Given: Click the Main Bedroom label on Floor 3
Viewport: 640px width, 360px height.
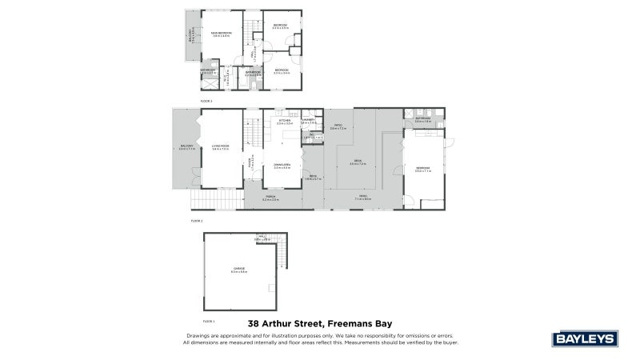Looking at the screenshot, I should pos(222,34).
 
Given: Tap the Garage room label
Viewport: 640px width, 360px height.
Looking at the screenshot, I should pos(239,269).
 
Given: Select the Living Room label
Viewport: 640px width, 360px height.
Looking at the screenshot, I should pos(220,146).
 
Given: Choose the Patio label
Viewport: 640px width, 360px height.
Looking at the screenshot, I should pos(338,126).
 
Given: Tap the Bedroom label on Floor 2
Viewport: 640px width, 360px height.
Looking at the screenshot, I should pos(423,168).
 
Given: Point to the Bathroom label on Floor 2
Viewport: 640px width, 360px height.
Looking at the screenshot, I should pos(422,119).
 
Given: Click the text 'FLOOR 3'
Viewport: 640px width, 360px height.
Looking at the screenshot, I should pos(206,102).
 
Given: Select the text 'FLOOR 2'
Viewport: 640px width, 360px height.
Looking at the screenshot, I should pos(197,219).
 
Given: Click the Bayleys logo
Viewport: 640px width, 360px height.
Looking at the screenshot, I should pos(586,338).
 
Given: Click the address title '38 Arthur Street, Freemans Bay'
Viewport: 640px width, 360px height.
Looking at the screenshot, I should pos(320,324).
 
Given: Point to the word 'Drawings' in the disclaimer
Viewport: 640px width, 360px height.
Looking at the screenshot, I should pos(198,335).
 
